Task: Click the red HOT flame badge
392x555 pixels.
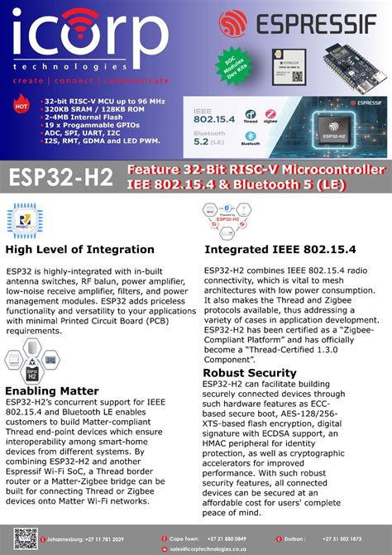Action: click(22, 106)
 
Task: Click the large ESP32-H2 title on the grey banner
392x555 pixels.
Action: click(61, 177)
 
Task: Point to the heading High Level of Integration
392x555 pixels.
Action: click(80, 249)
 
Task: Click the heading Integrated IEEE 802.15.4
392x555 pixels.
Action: click(280, 249)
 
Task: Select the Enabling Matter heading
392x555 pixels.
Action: click(52, 390)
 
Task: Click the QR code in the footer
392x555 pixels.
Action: click(25, 538)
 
